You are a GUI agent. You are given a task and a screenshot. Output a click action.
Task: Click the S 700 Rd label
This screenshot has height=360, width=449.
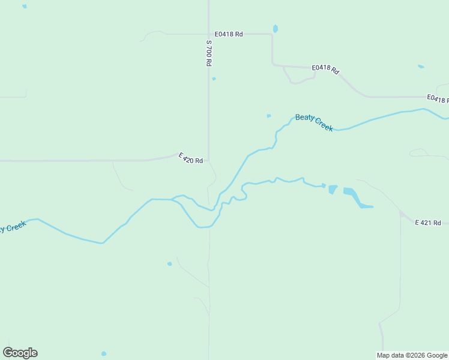click(x=209, y=53)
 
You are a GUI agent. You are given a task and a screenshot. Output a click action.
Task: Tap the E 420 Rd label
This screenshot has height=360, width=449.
click(x=191, y=158)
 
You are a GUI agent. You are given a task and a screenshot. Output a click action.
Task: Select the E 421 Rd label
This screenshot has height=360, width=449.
click(x=429, y=223)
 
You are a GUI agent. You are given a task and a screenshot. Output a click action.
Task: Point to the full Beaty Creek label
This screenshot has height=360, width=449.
click(x=314, y=122)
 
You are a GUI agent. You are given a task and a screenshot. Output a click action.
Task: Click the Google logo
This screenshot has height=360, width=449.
click(x=20, y=353)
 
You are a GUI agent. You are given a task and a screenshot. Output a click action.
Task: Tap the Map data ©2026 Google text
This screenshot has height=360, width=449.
click(x=412, y=355)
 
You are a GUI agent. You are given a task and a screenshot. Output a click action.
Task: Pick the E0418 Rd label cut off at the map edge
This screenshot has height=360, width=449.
click(x=438, y=99)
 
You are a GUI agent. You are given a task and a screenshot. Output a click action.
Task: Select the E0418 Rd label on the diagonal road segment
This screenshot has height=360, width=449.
click(x=325, y=69)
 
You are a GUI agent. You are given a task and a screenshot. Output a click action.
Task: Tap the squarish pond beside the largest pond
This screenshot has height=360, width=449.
click(x=333, y=189)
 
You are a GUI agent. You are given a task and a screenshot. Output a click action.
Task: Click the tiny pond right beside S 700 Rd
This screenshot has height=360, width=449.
click(x=214, y=79)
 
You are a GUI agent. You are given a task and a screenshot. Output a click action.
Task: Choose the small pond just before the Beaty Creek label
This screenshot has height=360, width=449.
click(x=268, y=116)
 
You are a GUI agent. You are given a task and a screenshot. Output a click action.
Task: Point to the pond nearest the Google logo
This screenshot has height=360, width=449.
click(x=104, y=353)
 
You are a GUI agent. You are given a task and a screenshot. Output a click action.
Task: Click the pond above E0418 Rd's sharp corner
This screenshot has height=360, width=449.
click(x=276, y=28)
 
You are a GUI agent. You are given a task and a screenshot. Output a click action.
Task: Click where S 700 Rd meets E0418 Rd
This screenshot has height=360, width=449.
click(x=208, y=34)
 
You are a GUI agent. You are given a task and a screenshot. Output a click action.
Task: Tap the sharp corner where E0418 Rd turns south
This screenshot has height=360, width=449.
click(x=272, y=35)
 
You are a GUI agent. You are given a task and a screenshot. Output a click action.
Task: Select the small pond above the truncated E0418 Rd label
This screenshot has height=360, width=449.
click(x=421, y=66)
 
